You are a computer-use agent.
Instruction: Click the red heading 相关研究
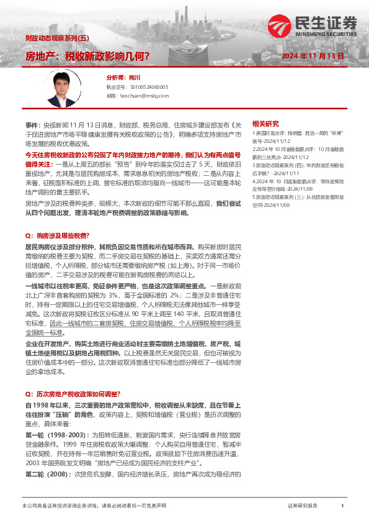pos(265,124)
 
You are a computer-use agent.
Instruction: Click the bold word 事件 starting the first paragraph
pos(32,125)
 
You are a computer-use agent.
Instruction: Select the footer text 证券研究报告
pos(303,506)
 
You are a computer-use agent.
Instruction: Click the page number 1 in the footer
pos(342,506)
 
